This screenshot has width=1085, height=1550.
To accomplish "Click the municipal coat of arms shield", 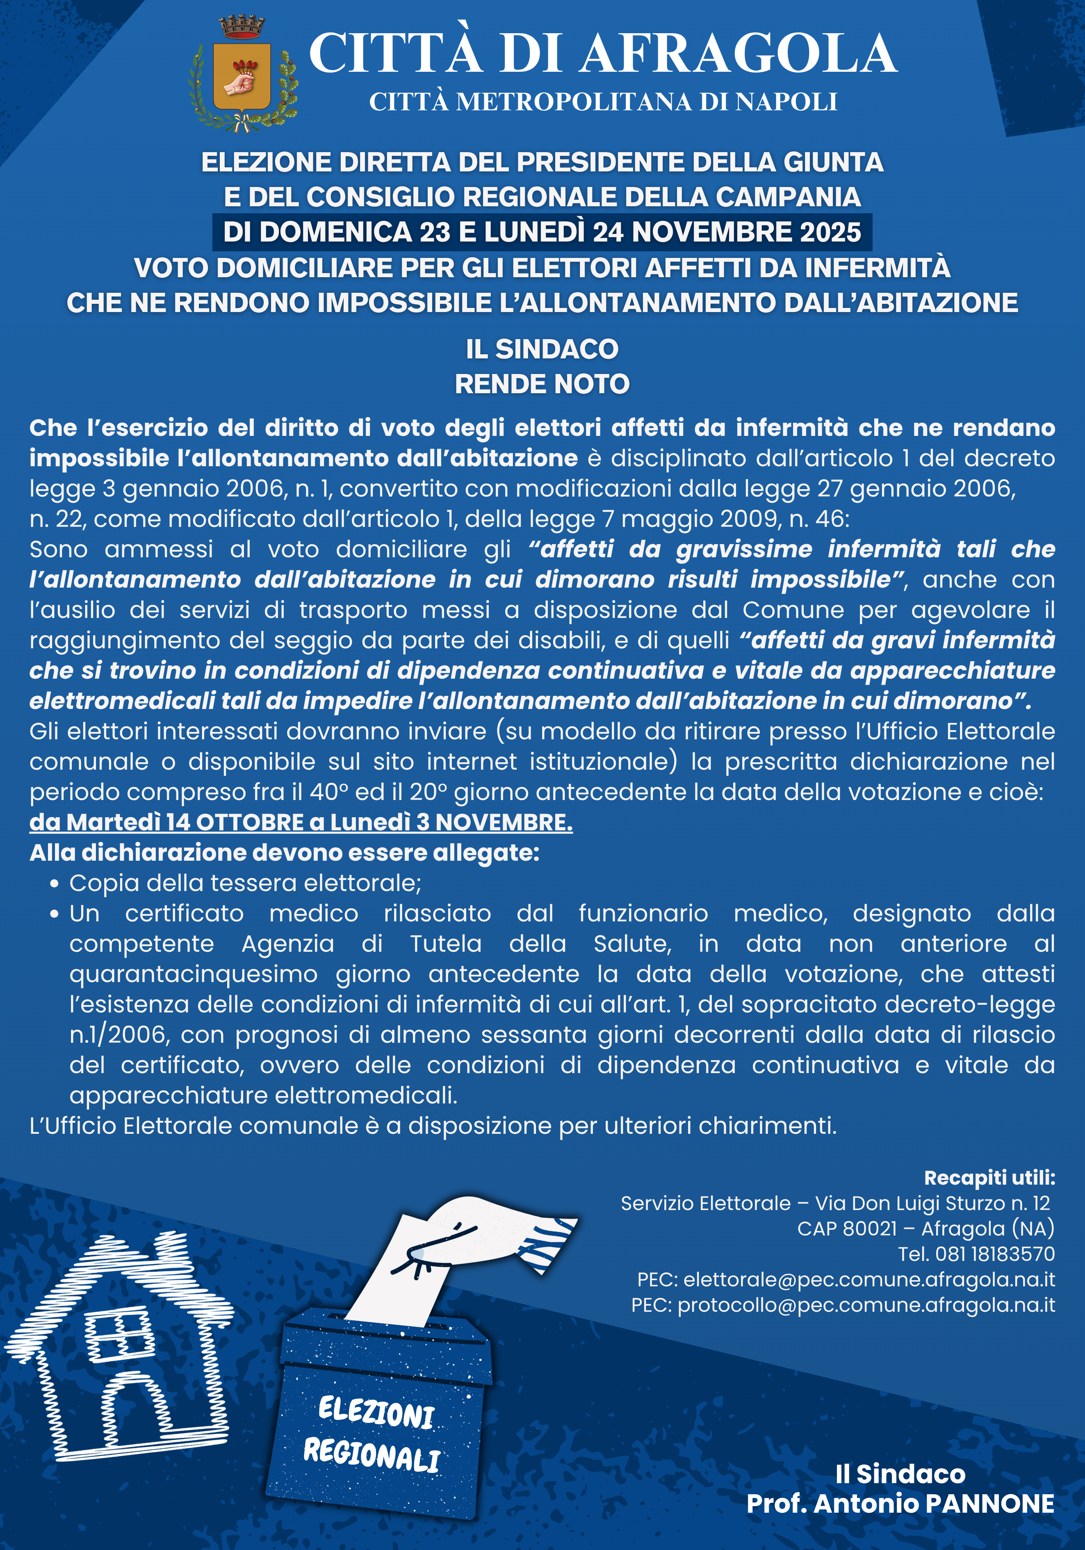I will click(x=242, y=77).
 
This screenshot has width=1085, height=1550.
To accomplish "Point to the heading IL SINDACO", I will click(x=542, y=349).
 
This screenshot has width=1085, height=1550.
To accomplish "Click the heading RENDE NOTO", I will click(x=542, y=384).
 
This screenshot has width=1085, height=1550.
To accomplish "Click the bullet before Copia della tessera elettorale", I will click(x=55, y=884).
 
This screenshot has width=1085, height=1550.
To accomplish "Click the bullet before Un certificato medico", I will click(x=55, y=914).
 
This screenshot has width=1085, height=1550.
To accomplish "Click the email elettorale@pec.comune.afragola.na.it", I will click(x=869, y=1279).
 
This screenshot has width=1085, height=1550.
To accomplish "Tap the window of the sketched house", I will click(x=119, y=1333).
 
